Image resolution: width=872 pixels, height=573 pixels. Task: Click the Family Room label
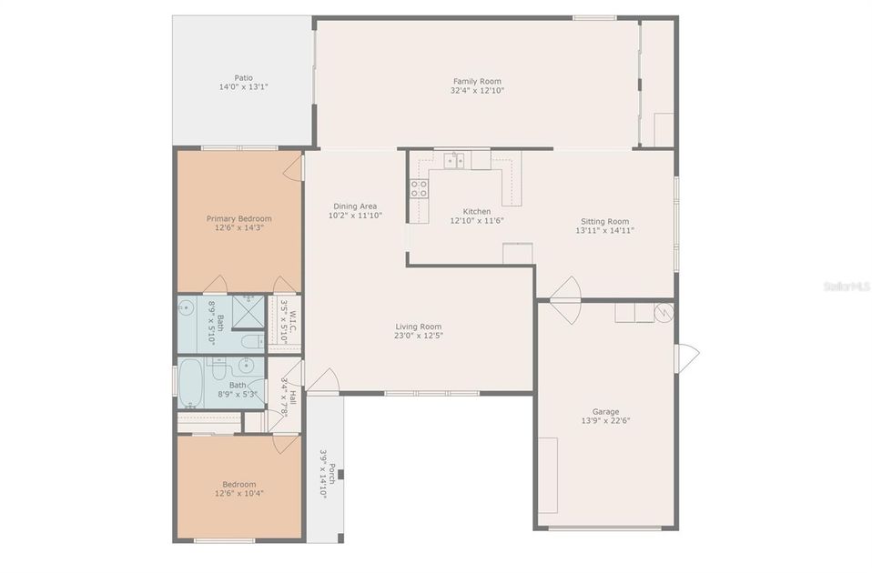477,81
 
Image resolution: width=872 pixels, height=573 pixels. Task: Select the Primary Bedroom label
238,218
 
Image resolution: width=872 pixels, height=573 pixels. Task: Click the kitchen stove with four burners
419,188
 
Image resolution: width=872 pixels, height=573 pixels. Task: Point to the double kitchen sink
454,161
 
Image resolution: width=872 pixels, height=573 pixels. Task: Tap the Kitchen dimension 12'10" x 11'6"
476,221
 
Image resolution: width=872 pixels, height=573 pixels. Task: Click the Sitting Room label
604,221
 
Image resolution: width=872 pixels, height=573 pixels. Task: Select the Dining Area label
354,206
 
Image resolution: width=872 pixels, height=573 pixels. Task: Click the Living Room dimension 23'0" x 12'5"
418,336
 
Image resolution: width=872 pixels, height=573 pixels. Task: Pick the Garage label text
605,411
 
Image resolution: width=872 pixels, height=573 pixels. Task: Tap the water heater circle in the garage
664,312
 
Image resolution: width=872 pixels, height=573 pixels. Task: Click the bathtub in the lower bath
191,381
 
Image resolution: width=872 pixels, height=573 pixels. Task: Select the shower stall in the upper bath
248,311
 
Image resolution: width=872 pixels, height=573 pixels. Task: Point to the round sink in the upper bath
186,308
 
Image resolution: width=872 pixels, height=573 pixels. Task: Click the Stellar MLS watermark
845,286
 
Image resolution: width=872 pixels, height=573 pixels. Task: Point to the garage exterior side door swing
687,357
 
